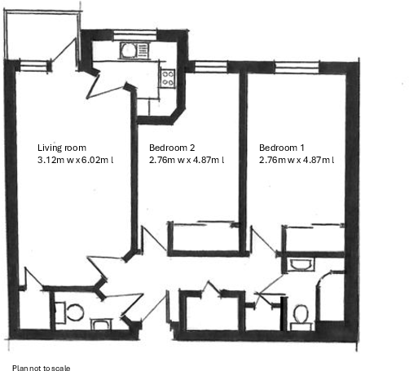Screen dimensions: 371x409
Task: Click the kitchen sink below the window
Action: tap(129, 51)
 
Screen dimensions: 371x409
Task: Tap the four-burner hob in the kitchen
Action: tap(169, 78)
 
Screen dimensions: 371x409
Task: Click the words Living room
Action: tap(62, 148)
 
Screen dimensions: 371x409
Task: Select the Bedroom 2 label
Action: tap(172, 148)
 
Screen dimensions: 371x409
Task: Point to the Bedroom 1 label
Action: tap(281, 148)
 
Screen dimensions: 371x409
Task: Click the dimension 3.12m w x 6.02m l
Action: tap(76, 161)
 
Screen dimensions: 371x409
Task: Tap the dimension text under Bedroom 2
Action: tap(187, 161)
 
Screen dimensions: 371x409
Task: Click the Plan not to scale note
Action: tap(46, 368)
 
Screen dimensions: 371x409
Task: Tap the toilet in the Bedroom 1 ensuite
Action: tap(301, 315)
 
